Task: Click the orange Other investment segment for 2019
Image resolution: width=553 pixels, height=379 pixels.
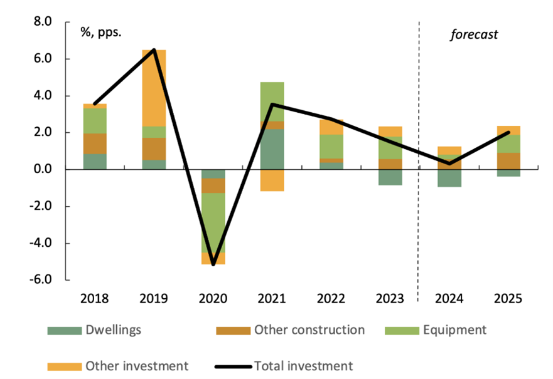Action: (x=154, y=88)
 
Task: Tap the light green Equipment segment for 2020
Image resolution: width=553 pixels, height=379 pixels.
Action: (x=213, y=222)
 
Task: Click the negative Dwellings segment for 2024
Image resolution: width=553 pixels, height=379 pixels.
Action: (x=449, y=178)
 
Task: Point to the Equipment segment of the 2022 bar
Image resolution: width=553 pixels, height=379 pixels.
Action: (x=331, y=147)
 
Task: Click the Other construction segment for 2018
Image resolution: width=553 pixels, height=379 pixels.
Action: (x=95, y=143)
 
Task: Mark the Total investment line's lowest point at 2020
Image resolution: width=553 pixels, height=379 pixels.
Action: (x=213, y=264)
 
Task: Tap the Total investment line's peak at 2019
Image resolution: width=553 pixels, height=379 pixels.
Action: (x=154, y=50)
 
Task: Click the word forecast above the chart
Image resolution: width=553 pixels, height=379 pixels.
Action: (x=474, y=34)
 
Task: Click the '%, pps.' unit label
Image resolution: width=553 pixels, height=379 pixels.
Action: (x=100, y=32)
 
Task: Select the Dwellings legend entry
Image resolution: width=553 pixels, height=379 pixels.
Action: (x=110, y=330)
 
